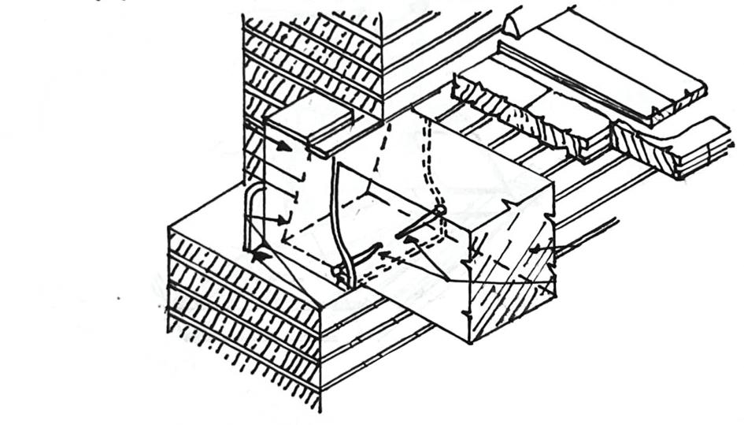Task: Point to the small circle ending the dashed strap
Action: [x=440, y=210]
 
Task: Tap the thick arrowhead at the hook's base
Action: [x=260, y=254]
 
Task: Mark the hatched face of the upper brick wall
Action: [x=315, y=55]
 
